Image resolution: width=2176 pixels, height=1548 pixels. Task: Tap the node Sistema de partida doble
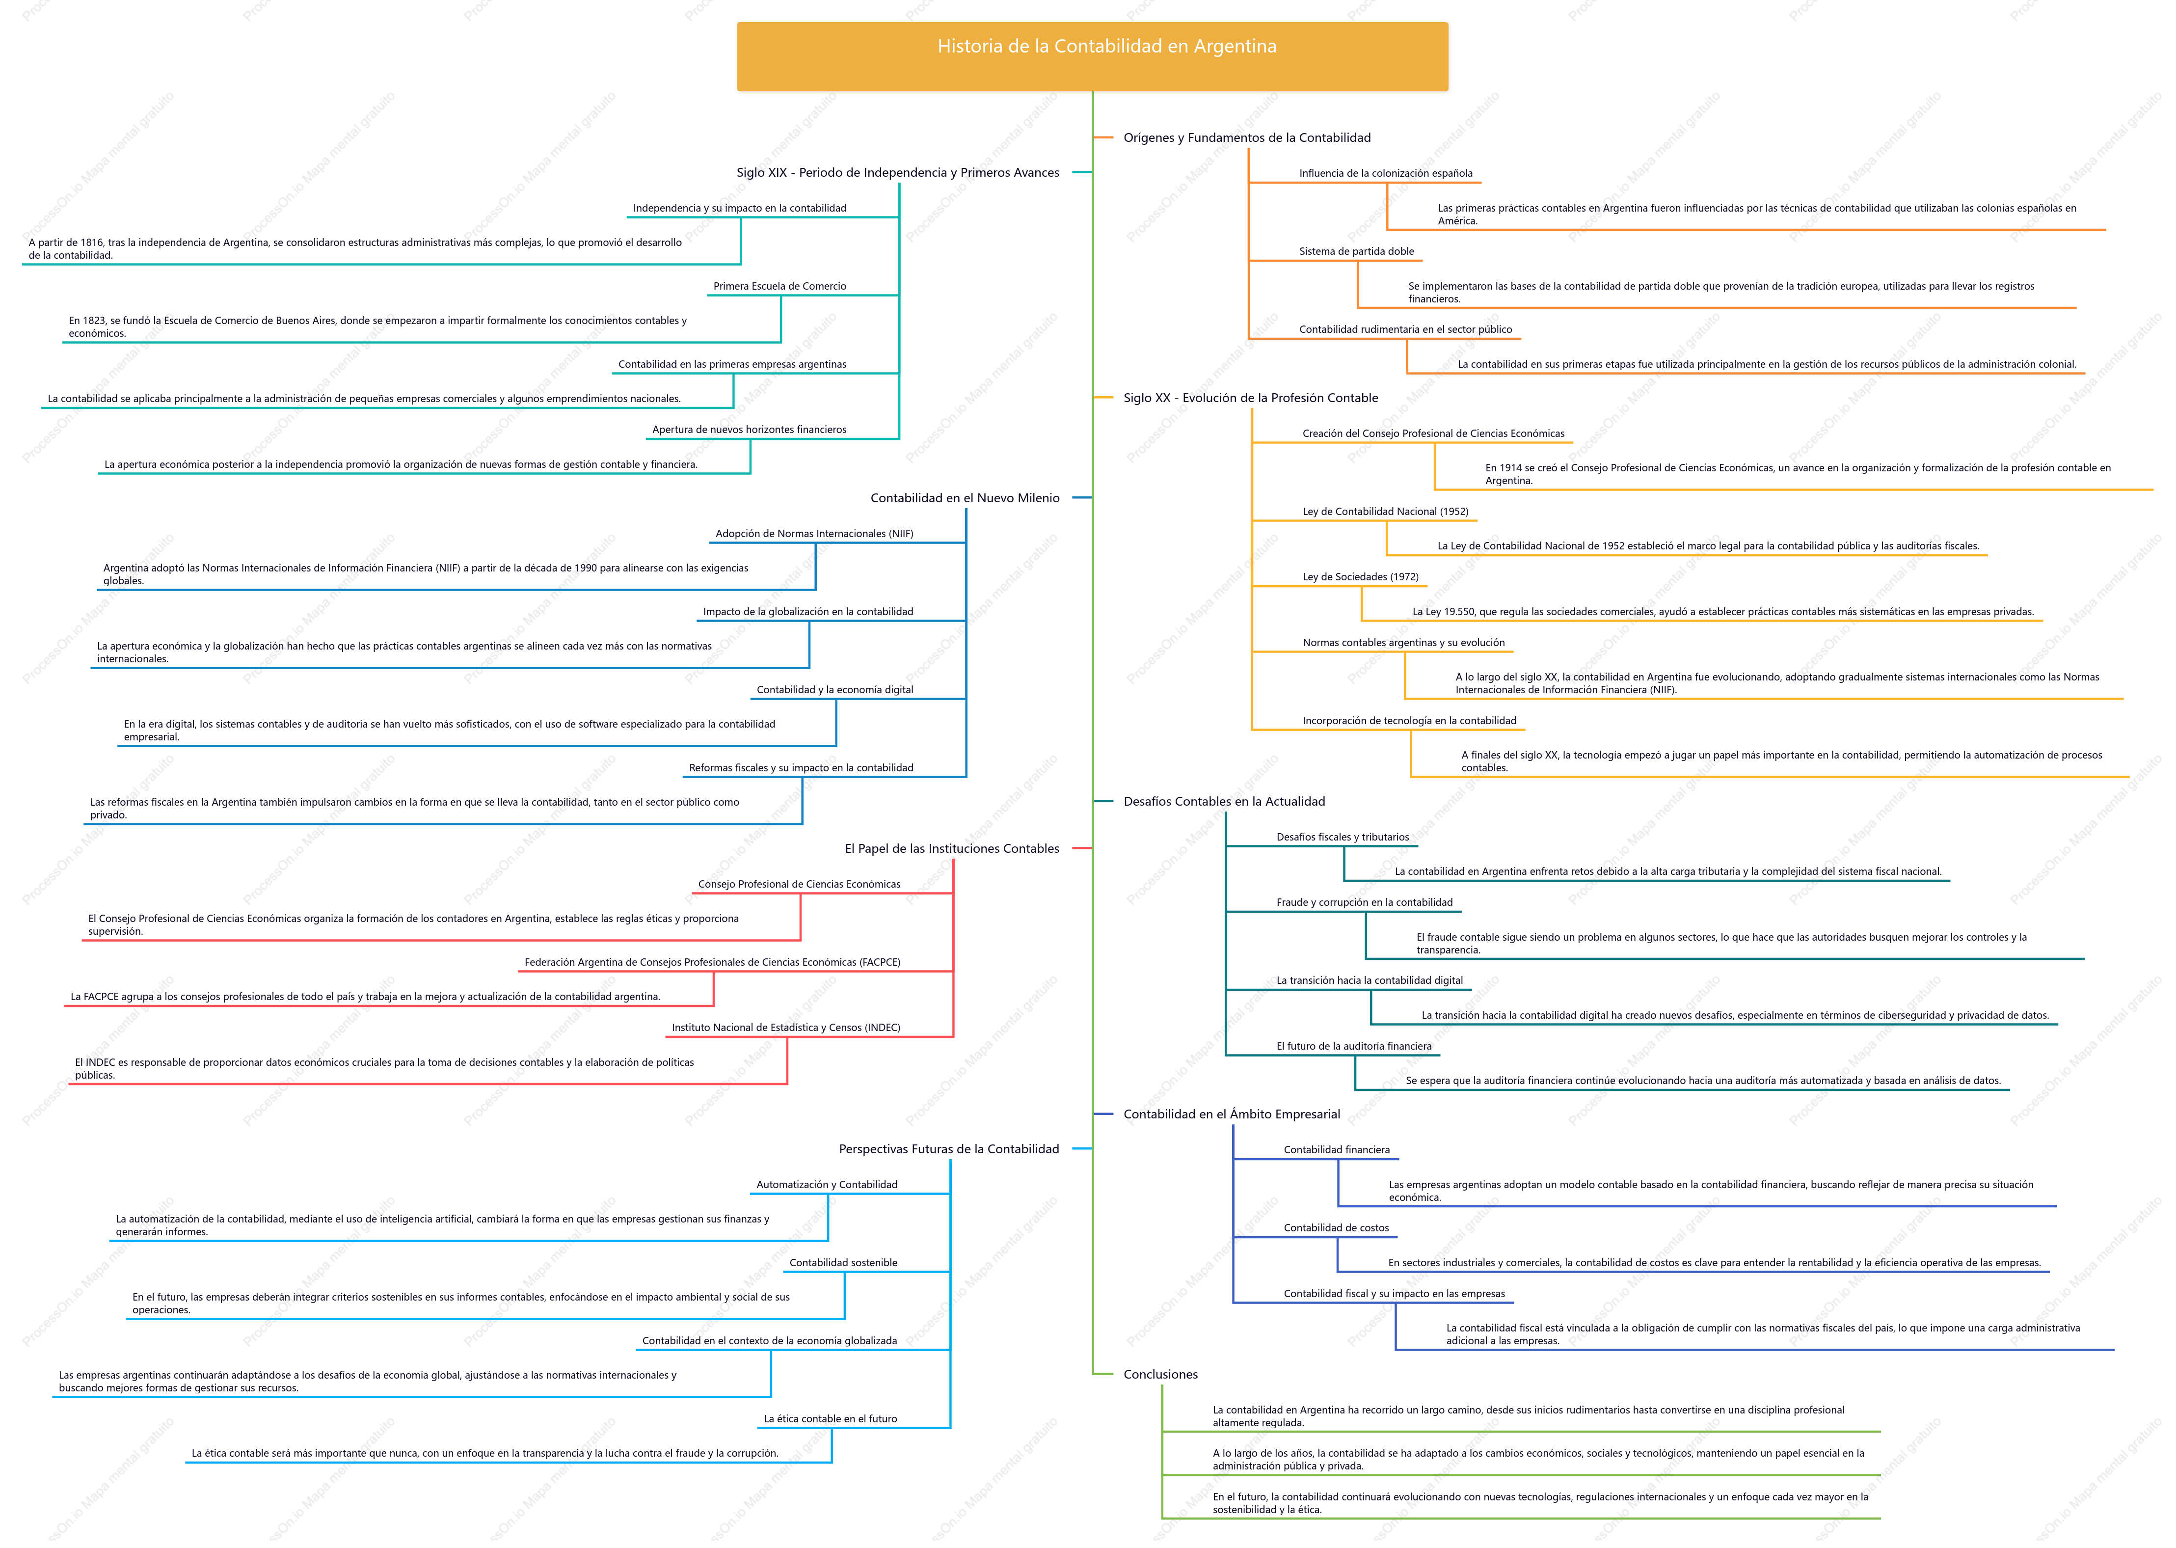1356,252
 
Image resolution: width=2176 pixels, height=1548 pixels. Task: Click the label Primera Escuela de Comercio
779,286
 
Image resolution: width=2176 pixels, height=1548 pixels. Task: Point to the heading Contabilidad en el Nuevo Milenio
965,497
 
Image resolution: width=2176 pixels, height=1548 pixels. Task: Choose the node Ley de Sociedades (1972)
1360,577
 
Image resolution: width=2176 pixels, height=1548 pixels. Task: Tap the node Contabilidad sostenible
843,1263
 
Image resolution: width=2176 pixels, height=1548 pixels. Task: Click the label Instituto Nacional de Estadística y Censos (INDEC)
785,1028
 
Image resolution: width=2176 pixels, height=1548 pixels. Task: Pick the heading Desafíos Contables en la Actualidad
1224,802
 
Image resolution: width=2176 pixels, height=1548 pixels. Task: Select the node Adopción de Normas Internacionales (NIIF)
814,534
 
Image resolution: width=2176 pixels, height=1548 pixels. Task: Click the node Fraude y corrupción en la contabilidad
1364,903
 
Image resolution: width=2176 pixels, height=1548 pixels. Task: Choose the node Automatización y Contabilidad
826,1185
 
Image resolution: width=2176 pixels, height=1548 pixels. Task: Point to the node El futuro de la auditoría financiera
1353,1047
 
